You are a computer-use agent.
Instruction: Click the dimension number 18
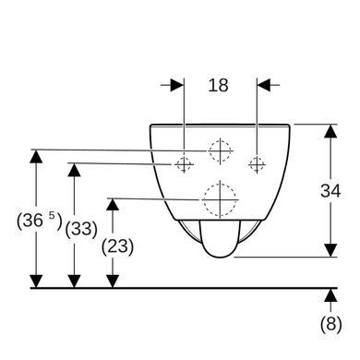[x=218, y=85]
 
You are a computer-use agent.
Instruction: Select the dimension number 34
[x=330, y=191]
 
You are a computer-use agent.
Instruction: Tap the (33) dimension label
[x=81, y=229]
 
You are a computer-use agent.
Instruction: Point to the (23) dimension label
[x=117, y=246]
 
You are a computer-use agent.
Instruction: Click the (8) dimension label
[x=331, y=324]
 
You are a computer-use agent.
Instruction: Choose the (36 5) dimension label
[x=40, y=221]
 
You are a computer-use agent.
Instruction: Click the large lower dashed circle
[x=220, y=199]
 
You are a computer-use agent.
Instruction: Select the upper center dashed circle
[x=220, y=150]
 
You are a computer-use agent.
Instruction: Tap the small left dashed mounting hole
[x=184, y=164]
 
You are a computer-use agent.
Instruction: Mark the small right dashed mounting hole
[x=257, y=163]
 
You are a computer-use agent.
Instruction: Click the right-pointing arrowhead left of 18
[x=177, y=85]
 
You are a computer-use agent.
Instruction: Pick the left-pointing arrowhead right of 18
[x=264, y=85]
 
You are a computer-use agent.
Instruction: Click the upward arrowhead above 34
[x=330, y=131]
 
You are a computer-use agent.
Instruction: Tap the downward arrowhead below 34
[x=330, y=250]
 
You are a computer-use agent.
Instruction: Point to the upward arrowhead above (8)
[x=330, y=295]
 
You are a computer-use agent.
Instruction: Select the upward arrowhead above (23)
[x=113, y=205]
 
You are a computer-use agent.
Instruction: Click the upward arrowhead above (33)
[x=74, y=170]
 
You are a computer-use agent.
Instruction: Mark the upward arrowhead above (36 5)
[x=36, y=156]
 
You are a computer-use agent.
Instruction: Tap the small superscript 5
[x=52, y=215]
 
